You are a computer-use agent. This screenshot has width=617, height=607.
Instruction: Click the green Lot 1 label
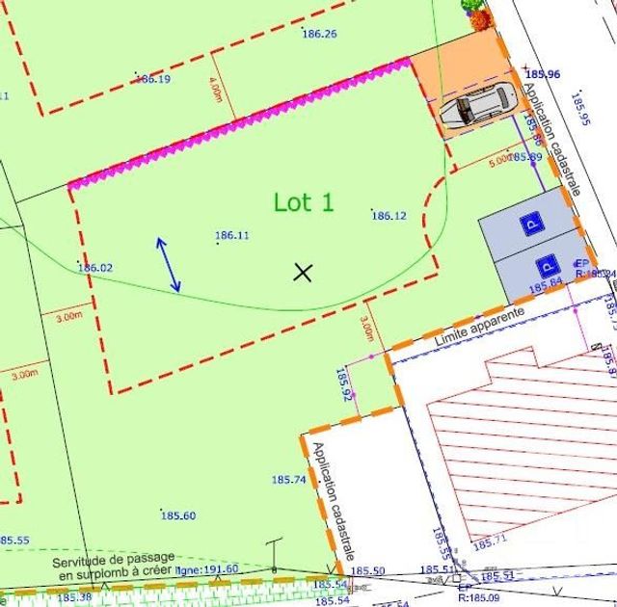[304, 202]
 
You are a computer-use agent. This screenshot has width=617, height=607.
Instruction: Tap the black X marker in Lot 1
[304, 273]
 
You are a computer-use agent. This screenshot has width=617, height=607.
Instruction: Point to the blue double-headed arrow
[168, 264]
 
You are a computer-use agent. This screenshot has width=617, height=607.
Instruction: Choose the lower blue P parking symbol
[546, 264]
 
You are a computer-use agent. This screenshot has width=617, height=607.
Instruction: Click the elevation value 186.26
[319, 34]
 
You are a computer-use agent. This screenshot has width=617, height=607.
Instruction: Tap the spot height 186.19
[153, 79]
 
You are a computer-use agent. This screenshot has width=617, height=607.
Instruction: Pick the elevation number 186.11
[231, 235]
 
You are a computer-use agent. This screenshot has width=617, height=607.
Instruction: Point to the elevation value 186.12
[389, 216]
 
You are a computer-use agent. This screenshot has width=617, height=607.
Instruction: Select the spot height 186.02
[95, 268]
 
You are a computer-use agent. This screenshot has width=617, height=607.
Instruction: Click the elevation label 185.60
[178, 515]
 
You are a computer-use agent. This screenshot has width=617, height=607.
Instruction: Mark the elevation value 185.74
[288, 479]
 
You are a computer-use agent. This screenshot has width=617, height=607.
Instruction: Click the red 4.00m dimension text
[215, 89]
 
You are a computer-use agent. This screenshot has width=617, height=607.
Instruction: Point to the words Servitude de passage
[113, 559]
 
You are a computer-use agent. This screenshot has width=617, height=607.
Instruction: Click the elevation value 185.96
[544, 74]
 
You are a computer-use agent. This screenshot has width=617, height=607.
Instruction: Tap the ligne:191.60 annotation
[207, 569]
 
